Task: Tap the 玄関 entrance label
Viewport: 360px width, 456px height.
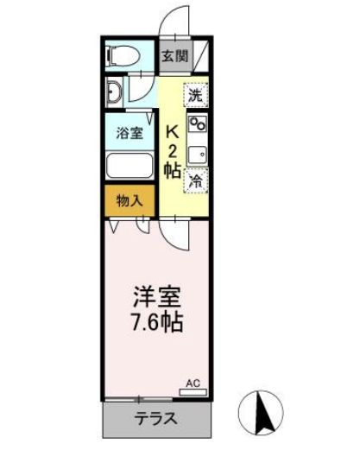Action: tap(174, 57)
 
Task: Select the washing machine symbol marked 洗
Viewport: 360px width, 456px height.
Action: tap(196, 93)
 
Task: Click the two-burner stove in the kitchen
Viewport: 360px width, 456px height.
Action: tap(197, 123)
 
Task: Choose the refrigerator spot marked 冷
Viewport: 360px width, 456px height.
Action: tap(196, 180)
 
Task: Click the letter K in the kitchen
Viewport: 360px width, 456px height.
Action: tap(173, 133)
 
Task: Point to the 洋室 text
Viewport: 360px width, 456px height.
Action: tap(156, 295)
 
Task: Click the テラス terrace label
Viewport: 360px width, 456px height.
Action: tap(155, 420)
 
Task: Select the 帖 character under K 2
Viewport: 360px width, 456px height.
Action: tap(173, 170)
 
